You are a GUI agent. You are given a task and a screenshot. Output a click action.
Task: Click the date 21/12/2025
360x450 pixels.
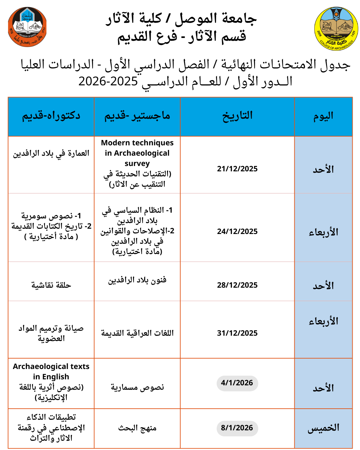(x=237, y=169)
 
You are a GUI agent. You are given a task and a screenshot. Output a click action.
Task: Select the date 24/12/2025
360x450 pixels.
(x=237, y=231)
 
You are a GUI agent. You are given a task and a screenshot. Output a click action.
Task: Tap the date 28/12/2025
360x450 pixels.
(x=237, y=285)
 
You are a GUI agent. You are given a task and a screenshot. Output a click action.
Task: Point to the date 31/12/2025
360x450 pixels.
(x=237, y=333)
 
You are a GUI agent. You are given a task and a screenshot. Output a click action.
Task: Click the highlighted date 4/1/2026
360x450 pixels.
(x=237, y=383)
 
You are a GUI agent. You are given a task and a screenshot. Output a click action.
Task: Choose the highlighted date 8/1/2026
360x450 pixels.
(x=237, y=428)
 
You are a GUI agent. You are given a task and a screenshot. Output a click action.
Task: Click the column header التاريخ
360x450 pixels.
(x=237, y=116)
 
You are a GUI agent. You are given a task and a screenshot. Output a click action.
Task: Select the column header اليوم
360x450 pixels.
(x=323, y=116)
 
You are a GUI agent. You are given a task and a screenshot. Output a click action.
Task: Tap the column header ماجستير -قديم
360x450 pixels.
(x=137, y=116)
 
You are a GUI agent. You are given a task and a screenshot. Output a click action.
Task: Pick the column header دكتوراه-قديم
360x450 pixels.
(x=51, y=116)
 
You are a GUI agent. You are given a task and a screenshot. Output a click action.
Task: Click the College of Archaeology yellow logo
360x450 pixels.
(x=336, y=29)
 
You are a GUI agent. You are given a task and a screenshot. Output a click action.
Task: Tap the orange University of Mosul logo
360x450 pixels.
(x=27, y=27)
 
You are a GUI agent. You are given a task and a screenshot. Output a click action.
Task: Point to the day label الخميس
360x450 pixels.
(x=323, y=428)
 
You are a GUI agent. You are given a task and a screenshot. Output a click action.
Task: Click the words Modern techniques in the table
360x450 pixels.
(x=137, y=143)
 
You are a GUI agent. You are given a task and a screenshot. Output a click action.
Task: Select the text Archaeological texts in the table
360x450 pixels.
(x=51, y=366)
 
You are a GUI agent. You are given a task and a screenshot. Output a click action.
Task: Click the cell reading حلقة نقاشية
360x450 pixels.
(x=51, y=285)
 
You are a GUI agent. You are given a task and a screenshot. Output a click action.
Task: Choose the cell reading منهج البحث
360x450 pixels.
(x=137, y=428)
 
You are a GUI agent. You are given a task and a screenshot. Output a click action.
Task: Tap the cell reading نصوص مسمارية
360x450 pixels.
(x=137, y=387)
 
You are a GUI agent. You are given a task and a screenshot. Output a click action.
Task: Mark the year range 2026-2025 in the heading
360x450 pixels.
(x=108, y=81)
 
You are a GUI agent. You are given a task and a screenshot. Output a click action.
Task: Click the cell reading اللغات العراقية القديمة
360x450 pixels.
(x=137, y=333)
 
